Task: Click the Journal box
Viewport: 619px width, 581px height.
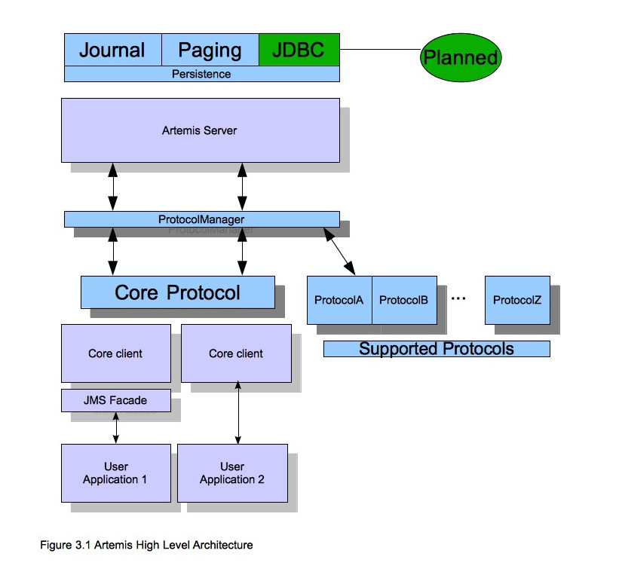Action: pos(112,50)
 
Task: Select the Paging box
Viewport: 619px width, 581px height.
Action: pos(210,50)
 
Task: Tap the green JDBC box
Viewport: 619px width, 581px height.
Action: pos(299,50)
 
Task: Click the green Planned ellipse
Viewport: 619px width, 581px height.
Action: pos(460,57)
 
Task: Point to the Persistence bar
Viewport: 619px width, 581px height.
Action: pos(201,74)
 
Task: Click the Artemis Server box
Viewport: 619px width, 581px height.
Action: pos(200,130)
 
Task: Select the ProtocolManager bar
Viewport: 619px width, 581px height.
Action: pos(201,219)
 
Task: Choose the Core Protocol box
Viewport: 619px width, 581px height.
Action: pos(177,292)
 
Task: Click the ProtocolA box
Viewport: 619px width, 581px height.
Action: pos(339,300)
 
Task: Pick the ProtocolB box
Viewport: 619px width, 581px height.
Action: pos(404,300)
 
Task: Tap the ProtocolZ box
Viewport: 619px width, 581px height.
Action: pos(517,300)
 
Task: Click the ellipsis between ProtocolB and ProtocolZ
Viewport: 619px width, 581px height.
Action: pos(458,298)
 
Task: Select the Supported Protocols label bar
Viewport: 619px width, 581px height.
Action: pos(436,349)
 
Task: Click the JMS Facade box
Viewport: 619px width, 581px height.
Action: pos(115,401)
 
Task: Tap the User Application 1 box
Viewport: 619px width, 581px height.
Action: pos(115,473)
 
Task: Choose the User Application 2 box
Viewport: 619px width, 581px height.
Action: pos(232,473)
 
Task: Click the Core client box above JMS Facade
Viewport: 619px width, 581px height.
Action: pos(115,353)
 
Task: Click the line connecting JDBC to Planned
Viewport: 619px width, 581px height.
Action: pos(379,50)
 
